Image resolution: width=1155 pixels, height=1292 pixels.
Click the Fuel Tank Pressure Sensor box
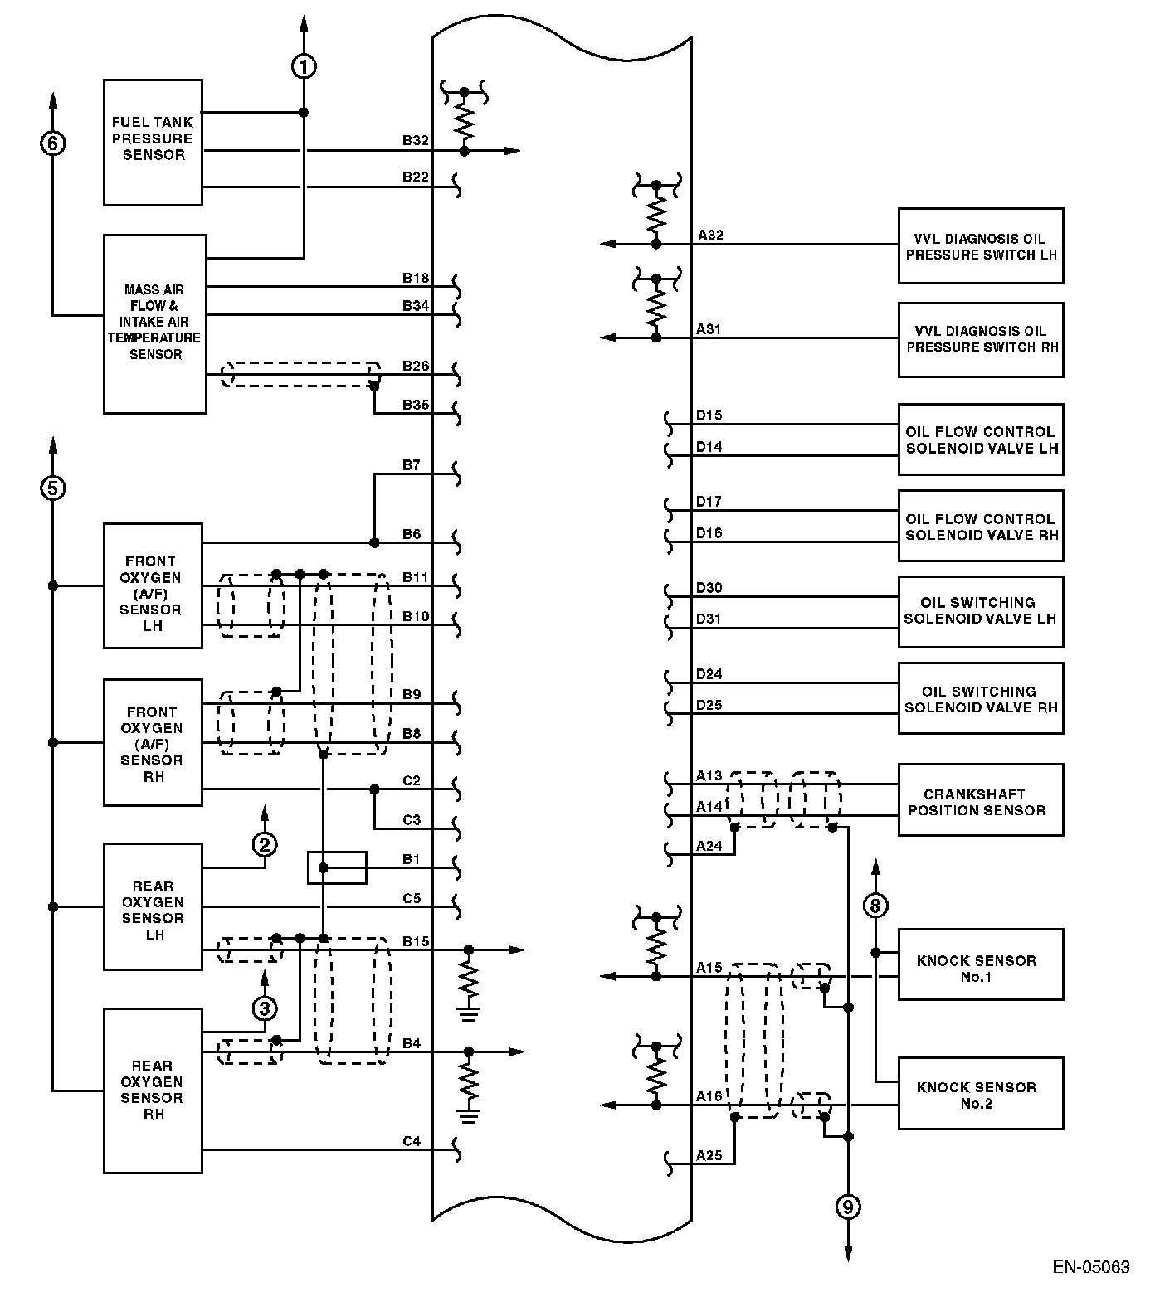click(x=153, y=142)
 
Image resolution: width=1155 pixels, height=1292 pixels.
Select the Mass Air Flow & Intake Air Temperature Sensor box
click(x=154, y=323)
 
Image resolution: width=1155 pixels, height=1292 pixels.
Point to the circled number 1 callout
click(x=304, y=66)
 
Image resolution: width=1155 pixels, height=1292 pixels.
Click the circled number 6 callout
click(x=52, y=143)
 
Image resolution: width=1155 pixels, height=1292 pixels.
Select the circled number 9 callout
click(x=847, y=1207)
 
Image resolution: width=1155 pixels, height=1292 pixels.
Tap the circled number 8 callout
click(x=875, y=905)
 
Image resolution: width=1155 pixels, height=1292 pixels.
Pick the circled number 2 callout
click(x=265, y=844)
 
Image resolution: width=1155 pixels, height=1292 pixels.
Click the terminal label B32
click(x=415, y=140)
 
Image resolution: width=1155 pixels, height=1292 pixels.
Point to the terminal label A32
click(x=710, y=235)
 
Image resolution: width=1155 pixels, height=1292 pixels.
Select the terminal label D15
click(x=709, y=415)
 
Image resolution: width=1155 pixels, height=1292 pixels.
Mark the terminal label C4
click(x=412, y=1141)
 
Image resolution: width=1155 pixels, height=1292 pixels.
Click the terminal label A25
click(x=709, y=1154)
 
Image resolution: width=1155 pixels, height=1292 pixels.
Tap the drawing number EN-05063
click(x=1091, y=1267)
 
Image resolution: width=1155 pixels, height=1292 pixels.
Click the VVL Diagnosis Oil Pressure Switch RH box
click(x=980, y=340)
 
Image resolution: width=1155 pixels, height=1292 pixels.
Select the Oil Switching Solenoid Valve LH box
click(x=980, y=611)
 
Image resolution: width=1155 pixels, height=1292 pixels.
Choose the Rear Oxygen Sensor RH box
click(x=153, y=1090)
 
